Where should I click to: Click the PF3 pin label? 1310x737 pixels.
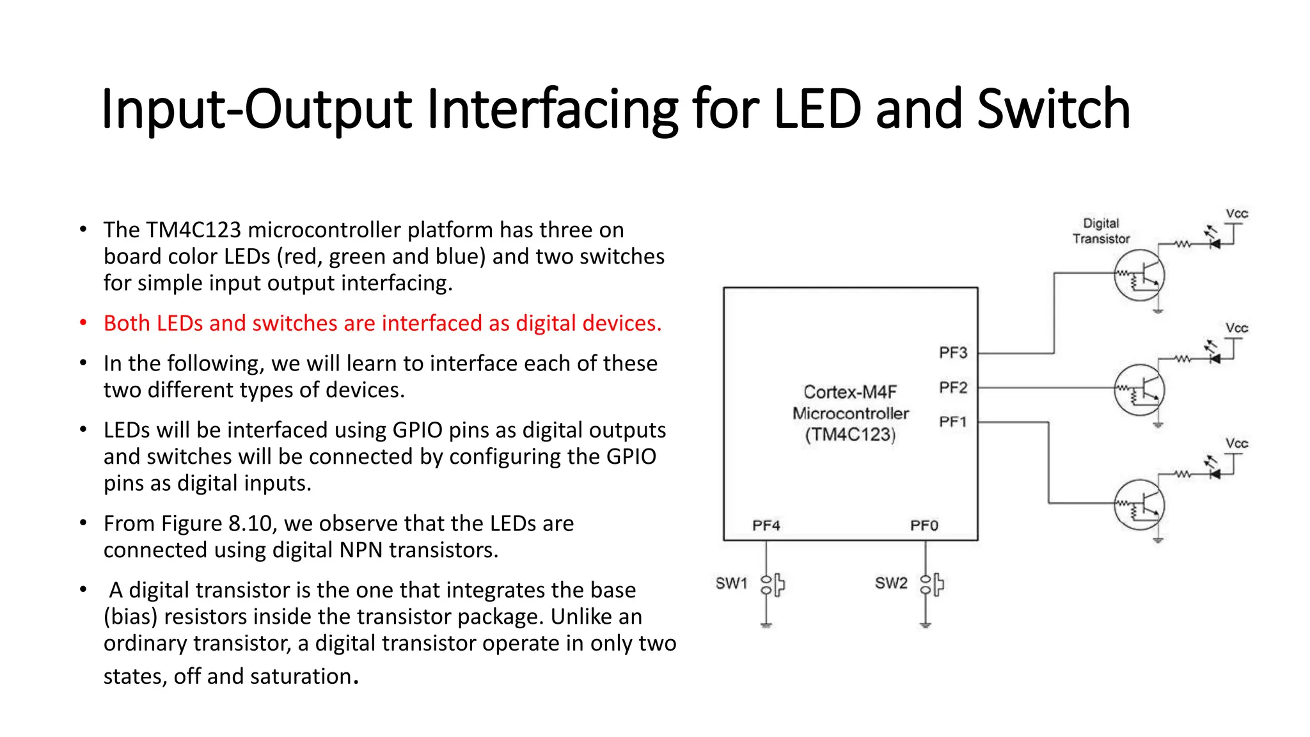click(x=952, y=353)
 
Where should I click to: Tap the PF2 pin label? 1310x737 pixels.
click(x=952, y=388)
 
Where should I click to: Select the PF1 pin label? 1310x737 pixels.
click(x=952, y=422)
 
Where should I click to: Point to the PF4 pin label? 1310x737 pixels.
click(x=766, y=525)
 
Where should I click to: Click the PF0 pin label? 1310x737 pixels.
click(x=924, y=525)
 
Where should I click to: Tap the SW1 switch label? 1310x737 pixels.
click(x=731, y=583)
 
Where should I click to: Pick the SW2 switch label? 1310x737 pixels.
click(x=891, y=583)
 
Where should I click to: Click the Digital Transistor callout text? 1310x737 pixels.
click(x=1101, y=231)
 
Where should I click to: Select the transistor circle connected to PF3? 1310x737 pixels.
click(x=1139, y=276)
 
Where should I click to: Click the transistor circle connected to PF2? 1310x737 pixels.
click(x=1139, y=390)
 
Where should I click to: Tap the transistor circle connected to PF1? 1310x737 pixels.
click(x=1139, y=505)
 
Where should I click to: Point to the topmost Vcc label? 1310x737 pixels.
click(x=1236, y=214)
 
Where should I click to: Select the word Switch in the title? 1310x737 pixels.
click(x=1054, y=109)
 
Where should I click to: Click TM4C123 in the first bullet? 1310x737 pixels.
click(x=193, y=230)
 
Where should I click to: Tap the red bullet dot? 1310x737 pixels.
click(x=83, y=322)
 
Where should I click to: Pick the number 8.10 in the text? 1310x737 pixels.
click(x=250, y=523)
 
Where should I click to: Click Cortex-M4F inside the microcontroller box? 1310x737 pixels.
click(x=850, y=392)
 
